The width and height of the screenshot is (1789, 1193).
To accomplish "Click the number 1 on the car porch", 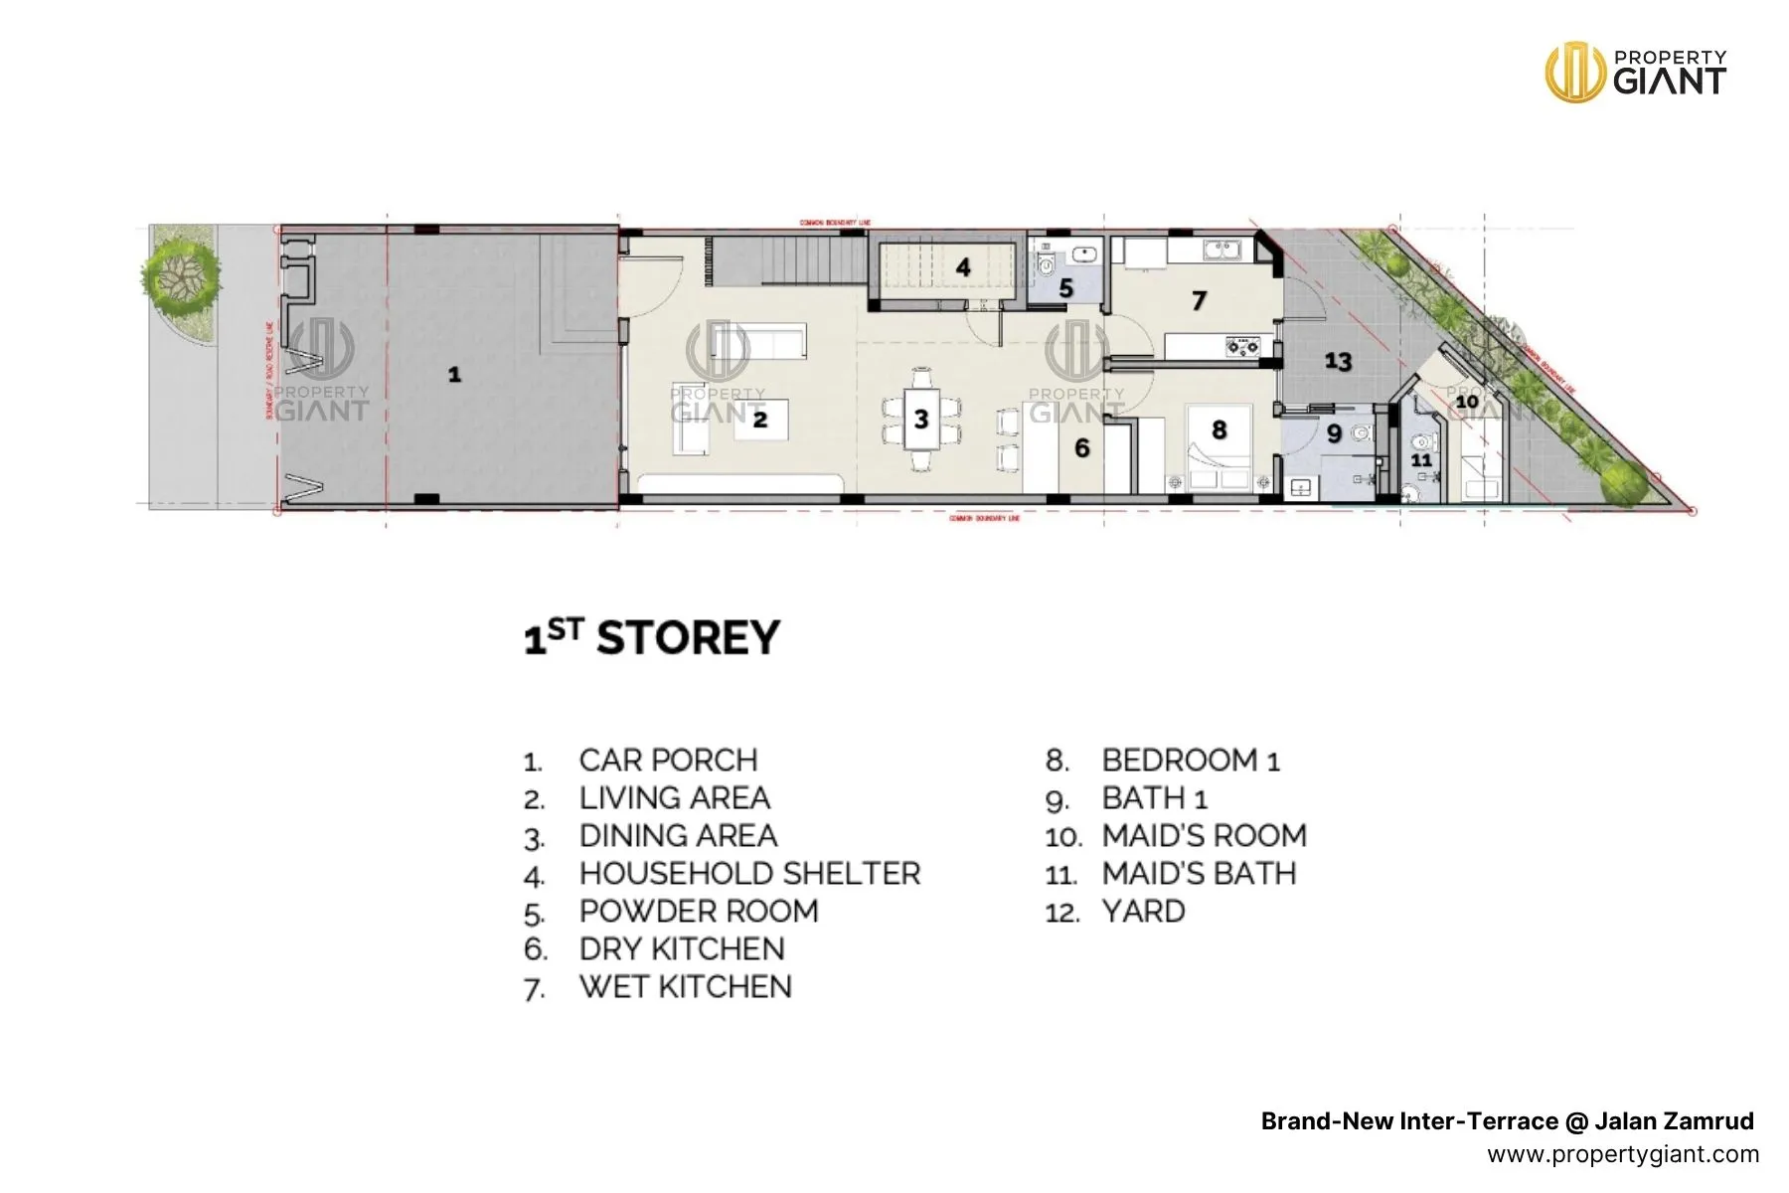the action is point(454,375).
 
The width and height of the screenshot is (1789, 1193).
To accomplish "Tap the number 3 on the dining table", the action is point(921,420).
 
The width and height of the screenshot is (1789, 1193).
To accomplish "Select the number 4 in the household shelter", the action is point(963,267).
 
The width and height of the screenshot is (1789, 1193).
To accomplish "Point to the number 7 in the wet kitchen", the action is point(1199,300).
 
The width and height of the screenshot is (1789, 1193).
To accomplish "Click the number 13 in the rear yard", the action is point(1338,361).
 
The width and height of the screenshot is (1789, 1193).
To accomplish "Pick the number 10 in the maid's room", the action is point(1467,402).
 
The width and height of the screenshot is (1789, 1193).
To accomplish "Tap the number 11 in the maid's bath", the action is point(1422,460).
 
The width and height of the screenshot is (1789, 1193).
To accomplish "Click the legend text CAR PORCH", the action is point(668,761).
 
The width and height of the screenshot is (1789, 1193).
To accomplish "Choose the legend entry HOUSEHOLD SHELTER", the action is point(749,874).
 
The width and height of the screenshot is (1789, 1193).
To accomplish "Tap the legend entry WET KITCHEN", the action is point(685,987).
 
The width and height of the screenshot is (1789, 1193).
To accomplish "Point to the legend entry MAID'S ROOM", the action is point(1204,836).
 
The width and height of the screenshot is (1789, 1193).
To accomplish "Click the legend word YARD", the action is point(1143,912).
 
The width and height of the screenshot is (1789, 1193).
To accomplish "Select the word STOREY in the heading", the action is point(688,638).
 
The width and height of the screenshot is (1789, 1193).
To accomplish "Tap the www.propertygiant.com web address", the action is point(1622,1154).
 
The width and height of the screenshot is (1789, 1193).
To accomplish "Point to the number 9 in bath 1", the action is point(1334,434).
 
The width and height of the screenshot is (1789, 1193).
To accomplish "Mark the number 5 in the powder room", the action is point(1065,289).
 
